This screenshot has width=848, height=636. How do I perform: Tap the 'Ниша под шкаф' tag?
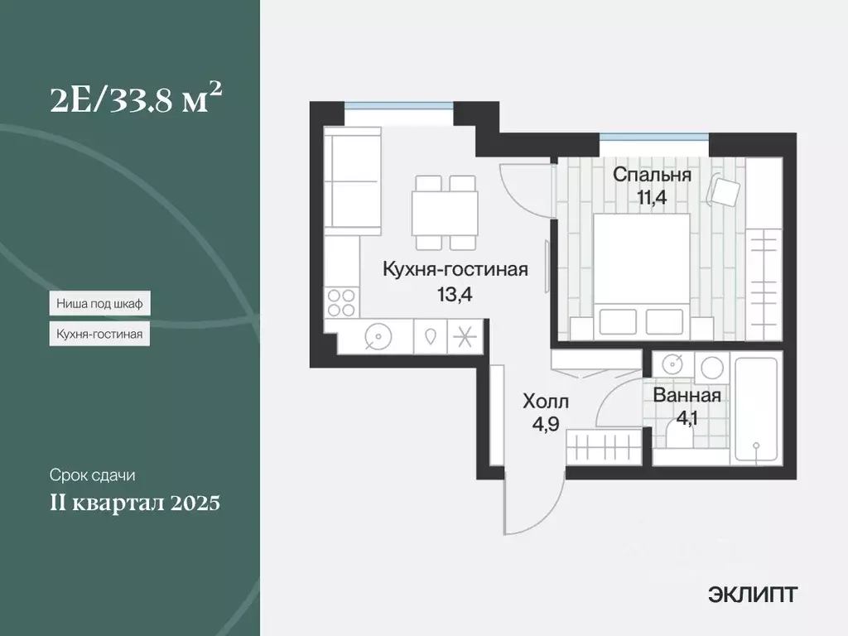pyautogui.click(x=99, y=304)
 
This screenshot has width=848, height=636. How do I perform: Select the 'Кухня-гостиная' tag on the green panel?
pyautogui.click(x=99, y=334)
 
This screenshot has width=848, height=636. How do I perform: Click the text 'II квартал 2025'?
pyautogui.click(x=134, y=503)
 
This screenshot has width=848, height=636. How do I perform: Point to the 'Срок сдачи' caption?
pyautogui.click(x=92, y=476)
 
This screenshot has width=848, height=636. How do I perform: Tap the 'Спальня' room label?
pyautogui.click(x=652, y=176)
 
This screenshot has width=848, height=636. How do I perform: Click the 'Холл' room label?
pyautogui.click(x=546, y=402)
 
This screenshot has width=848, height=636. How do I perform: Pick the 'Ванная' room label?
pyautogui.click(x=687, y=396)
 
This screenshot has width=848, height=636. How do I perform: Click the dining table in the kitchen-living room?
pyautogui.click(x=446, y=213)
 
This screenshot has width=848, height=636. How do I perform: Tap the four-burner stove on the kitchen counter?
pyautogui.click(x=341, y=301)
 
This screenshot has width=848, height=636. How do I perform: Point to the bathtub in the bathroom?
pyautogui.click(x=755, y=409)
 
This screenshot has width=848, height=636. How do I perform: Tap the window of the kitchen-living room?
pyautogui.click(x=399, y=105)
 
